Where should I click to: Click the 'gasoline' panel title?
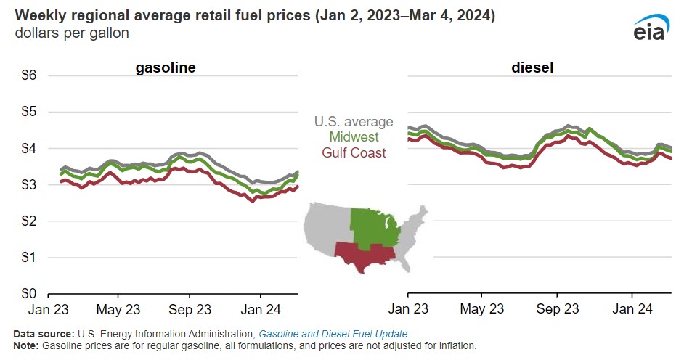(166, 68)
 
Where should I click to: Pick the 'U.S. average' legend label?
(354, 122)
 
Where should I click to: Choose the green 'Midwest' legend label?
(354, 137)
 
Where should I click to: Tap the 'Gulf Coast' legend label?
(354, 152)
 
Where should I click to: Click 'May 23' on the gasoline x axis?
(119, 308)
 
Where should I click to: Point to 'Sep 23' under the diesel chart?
(557, 308)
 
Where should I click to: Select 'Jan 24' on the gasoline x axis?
(261, 308)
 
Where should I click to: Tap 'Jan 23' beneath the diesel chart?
(408, 308)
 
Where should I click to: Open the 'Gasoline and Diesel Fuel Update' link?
(333, 333)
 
